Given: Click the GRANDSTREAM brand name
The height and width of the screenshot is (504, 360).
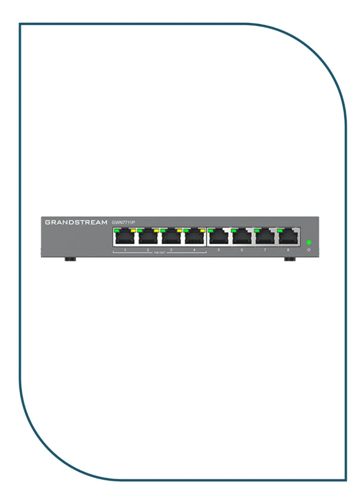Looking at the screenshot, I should pyautogui.click(x=76, y=222).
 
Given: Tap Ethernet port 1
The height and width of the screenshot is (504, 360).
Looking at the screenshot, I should pyautogui.click(x=125, y=239).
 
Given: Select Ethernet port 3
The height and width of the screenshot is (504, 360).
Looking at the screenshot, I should pyautogui.click(x=171, y=239).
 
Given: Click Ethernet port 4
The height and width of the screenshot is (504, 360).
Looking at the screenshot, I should pyautogui.click(x=195, y=239).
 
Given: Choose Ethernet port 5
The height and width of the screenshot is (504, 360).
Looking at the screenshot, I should pyautogui.click(x=218, y=239).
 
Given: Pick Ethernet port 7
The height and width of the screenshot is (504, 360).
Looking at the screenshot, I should pyautogui.click(x=265, y=239).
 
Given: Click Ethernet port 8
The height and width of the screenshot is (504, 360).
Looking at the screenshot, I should pyautogui.click(x=288, y=239).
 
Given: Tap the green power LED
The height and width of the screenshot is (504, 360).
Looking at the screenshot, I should pyautogui.click(x=309, y=243).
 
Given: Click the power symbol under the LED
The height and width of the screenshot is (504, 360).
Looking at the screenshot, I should pyautogui.click(x=309, y=250).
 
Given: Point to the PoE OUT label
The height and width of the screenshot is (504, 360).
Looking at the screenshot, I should pyautogui.click(x=160, y=253).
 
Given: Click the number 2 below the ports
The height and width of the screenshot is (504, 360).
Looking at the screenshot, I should pyautogui.click(x=148, y=250).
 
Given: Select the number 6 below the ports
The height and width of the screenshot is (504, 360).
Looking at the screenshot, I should pyautogui.click(x=241, y=250).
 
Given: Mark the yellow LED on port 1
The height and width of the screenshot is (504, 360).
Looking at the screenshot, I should pyautogui.click(x=134, y=230).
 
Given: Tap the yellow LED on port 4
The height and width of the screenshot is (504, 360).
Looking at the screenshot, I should pyautogui.click(x=203, y=230).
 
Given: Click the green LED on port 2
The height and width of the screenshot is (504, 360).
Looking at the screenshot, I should pyautogui.click(x=140, y=230).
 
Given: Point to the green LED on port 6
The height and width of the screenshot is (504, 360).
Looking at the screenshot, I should pyautogui.click(x=234, y=230).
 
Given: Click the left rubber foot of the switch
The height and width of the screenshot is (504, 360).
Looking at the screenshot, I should pyautogui.click(x=70, y=259).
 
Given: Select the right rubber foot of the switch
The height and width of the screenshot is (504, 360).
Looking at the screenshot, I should pyautogui.click(x=290, y=259).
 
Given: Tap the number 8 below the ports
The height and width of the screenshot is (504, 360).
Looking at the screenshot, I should pyautogui.click(x=288, y=250).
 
